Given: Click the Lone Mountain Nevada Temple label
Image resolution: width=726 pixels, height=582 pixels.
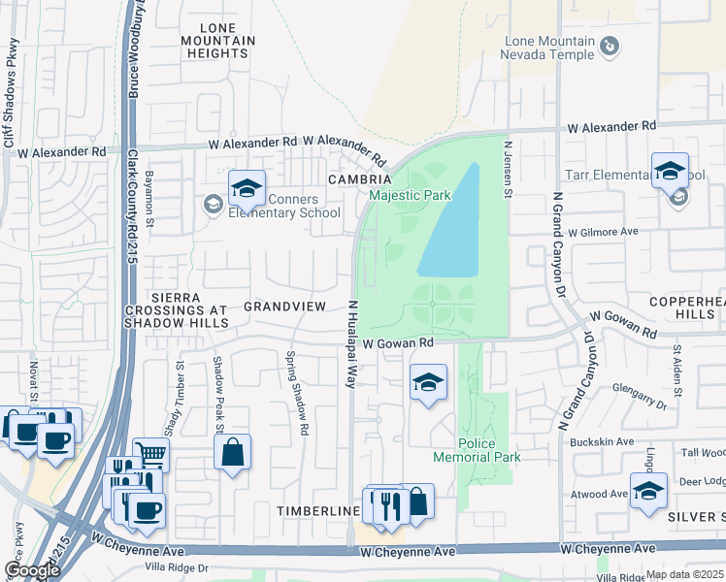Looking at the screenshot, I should click(x=548, y=48).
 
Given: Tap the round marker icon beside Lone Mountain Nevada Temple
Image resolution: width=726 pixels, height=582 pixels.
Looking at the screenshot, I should click(x=610, y=46).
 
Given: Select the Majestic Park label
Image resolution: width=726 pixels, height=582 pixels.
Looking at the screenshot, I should click(x=410, y=195).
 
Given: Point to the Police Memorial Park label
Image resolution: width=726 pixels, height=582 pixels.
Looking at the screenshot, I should click(x=477, y=450).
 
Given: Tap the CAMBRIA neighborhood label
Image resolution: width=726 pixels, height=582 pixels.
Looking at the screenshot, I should click(x=359, y=179).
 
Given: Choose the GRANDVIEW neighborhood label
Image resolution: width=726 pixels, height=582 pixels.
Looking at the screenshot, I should click(x=284, y=306).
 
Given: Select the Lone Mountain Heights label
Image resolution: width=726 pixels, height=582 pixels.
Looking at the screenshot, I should click(x=218, y=41).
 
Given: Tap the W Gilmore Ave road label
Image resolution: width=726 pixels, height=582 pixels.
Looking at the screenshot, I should click(x=603, y=233).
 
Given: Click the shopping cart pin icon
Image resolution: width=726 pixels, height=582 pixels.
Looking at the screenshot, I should click(x=150, y=453).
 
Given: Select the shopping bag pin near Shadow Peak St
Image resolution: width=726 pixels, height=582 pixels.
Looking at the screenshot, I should click(x=233, y=452).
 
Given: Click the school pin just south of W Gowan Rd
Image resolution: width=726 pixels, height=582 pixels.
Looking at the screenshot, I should click(x=428, y=382).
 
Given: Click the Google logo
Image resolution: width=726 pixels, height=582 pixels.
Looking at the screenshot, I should click(x=32, y=569).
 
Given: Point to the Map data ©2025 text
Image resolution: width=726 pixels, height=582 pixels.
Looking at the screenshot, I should click(x=683, y=574).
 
